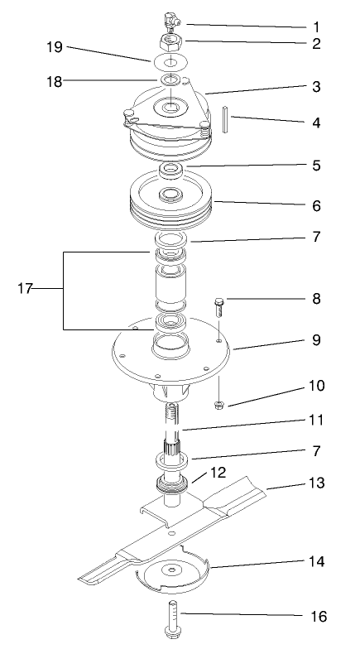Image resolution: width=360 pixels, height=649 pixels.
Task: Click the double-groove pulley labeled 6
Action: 171,205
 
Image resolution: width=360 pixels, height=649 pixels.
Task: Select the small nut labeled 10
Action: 220,405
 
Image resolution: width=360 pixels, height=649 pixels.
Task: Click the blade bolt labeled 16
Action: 175,613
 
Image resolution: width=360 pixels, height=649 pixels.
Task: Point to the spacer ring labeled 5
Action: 171,170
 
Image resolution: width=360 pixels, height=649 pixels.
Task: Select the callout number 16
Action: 317,617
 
